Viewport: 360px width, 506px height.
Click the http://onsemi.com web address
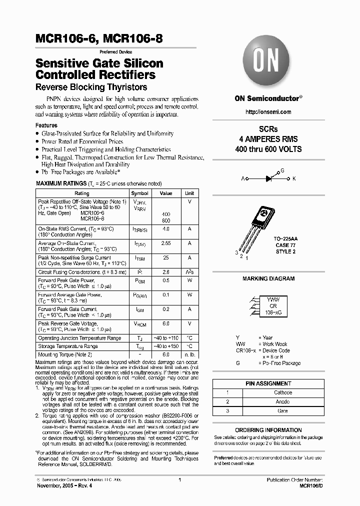(x=268, y=112)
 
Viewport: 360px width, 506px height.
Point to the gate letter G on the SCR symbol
(x=282, y=170)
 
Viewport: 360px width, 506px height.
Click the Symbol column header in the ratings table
(x=139, y=193)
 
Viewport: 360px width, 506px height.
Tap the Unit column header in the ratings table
(x=189, y=193)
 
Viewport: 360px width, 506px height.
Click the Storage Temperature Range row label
(x=68, y=346)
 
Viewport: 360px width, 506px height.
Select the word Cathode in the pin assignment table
(x=283, y=392)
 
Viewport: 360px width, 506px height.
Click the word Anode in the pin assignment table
(x=282, y=401)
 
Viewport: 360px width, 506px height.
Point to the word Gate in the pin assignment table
(x=282, y=410)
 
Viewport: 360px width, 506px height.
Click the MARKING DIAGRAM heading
(x=268, y=279)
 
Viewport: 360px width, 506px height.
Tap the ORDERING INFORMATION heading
(x=268, y=430)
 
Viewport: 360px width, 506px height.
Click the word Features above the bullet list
(x=46, y=125)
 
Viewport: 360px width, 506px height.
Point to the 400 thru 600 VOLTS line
(x=268, y=149)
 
